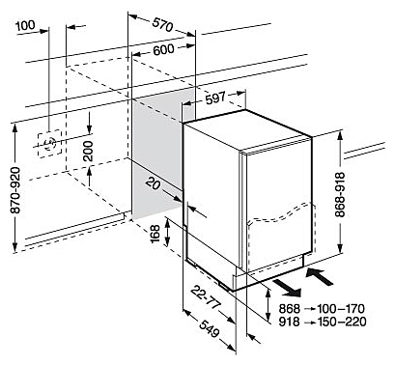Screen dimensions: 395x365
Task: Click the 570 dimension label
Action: [162, 25]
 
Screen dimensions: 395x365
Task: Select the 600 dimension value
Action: [163, 49]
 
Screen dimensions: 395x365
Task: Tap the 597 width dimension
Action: [215, 98]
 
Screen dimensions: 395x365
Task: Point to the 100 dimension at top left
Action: [25, 25]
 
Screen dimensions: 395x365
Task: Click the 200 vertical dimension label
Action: [88, 151]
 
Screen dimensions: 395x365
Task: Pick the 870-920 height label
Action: [15, 190]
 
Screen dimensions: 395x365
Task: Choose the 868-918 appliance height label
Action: [340, 195]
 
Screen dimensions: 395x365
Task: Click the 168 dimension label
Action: [155, 234]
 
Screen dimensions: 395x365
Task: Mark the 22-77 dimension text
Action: [206, 298]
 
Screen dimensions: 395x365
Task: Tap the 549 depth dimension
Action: [210, 329]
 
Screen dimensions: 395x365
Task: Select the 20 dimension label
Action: [154, 183]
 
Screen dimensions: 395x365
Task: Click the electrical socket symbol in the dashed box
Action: [49, 144]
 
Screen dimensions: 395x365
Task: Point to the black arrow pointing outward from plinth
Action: [287, 288]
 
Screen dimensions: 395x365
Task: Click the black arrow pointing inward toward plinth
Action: [319, 277]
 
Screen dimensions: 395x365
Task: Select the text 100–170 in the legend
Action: [341, 309]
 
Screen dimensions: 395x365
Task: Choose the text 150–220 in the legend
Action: [342, 322]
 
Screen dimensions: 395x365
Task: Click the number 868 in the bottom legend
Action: [289, 309]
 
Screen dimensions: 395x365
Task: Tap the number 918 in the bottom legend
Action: [289, 322]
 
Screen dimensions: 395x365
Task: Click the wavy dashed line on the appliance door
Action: [280, 213]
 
